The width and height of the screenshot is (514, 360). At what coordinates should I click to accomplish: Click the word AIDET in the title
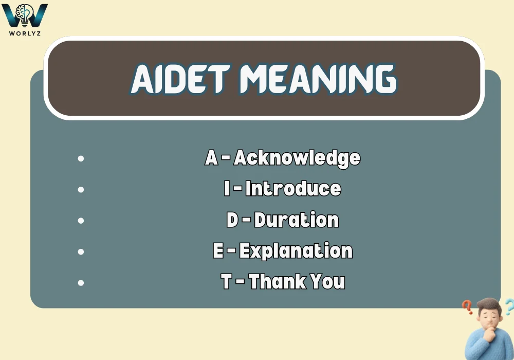180,79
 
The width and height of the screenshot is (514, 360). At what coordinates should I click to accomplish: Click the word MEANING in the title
318,79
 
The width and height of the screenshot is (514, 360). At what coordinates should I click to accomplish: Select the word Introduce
293,189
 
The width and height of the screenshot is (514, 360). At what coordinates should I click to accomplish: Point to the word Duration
297,220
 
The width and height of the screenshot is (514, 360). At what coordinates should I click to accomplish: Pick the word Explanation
296,251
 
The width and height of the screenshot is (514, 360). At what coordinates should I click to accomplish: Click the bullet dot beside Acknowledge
81,159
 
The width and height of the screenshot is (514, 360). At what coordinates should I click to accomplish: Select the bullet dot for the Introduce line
81,189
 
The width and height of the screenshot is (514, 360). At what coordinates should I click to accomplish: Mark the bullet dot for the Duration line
81,221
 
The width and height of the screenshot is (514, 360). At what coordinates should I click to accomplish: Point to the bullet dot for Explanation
81,252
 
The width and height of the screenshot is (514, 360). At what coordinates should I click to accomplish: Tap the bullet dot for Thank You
81,283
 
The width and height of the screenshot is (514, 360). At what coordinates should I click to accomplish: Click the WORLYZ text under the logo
25,33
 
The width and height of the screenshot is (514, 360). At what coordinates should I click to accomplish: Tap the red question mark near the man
467,307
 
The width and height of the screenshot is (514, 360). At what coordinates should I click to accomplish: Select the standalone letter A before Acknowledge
211,158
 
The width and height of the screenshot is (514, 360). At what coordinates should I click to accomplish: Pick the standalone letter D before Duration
232,220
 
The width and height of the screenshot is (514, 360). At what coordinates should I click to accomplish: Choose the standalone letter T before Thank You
227,282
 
